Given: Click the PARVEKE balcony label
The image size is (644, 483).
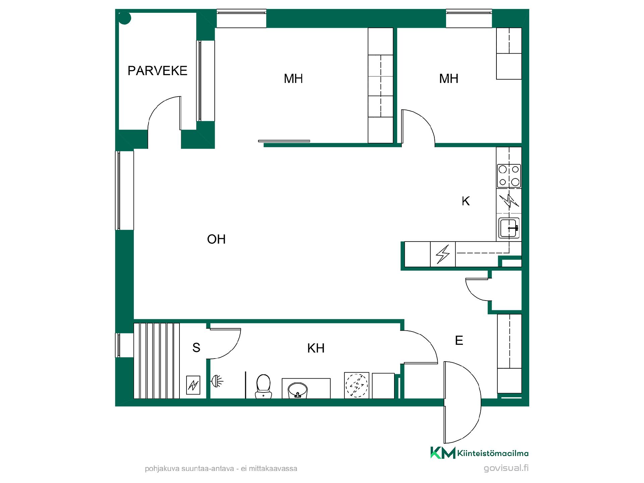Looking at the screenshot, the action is (x=157, y=71).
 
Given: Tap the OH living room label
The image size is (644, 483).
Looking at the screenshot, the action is (x=216, y=239).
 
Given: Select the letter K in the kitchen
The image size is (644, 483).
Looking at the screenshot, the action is (x=466, y=201).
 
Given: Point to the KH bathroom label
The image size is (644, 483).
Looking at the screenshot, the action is (x=316, y=348).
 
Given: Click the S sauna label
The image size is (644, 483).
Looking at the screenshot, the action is (x=196, y=348).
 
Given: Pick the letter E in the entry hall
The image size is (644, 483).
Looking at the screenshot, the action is (x=459, y=341).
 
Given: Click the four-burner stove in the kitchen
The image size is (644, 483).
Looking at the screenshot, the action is (x=509, y=176).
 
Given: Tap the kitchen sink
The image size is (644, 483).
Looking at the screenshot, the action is (x=509, y=228).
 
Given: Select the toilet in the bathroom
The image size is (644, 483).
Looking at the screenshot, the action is (x=263, y=386).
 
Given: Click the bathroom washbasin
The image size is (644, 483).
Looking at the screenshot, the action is (x=298, y=390).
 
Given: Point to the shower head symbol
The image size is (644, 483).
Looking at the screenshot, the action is (x=217, y=381).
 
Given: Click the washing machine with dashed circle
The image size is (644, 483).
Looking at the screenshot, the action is (x=357, y=385).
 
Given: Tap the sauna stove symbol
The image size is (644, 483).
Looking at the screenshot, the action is (x=193, y=385).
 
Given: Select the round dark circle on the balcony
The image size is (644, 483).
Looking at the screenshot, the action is (x=125, y=18).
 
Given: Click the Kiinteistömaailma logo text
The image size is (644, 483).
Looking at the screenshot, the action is (x=493, y=453).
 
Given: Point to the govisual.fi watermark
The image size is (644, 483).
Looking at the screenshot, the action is (x=506, y=468).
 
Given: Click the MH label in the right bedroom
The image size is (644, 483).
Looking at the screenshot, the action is (x=448, y=79).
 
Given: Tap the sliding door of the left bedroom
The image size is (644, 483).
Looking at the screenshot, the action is (x=284, y=141).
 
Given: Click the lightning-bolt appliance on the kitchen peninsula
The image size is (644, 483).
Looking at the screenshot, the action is (x=443, y=254).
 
